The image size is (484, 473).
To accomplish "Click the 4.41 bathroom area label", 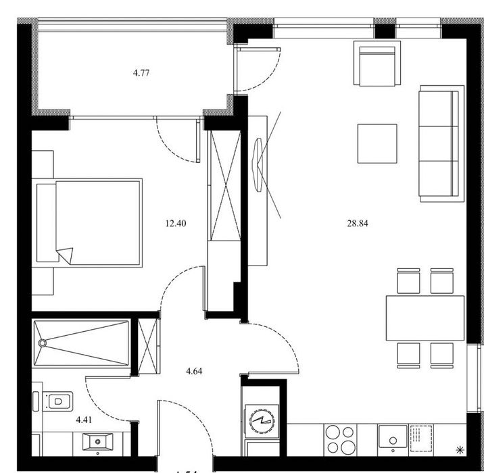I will pyautogui.click(x=84, y=420).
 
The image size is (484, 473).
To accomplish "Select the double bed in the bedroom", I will pyautogui.click(x=90, y=222).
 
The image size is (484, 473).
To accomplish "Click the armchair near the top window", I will pyautogui.click(x=377, y=65).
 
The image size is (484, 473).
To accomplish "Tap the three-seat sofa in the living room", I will pyautogui.click(x=441, y=143).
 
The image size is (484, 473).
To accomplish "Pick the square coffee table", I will pyautogui.click(x=377, y=144).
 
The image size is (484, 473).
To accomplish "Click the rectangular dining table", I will pyautogui.click(x=425, y=318).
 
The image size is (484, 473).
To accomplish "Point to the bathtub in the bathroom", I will pyautogui.click(x=81, y=343).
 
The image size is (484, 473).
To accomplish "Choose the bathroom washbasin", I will pyautogui.click(x=100, y=443).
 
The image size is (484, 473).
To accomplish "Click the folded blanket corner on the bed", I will pyautogui.click(x=66, y=255).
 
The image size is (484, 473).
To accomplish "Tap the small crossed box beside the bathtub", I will pyautogui.click(x=147, y=344).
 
